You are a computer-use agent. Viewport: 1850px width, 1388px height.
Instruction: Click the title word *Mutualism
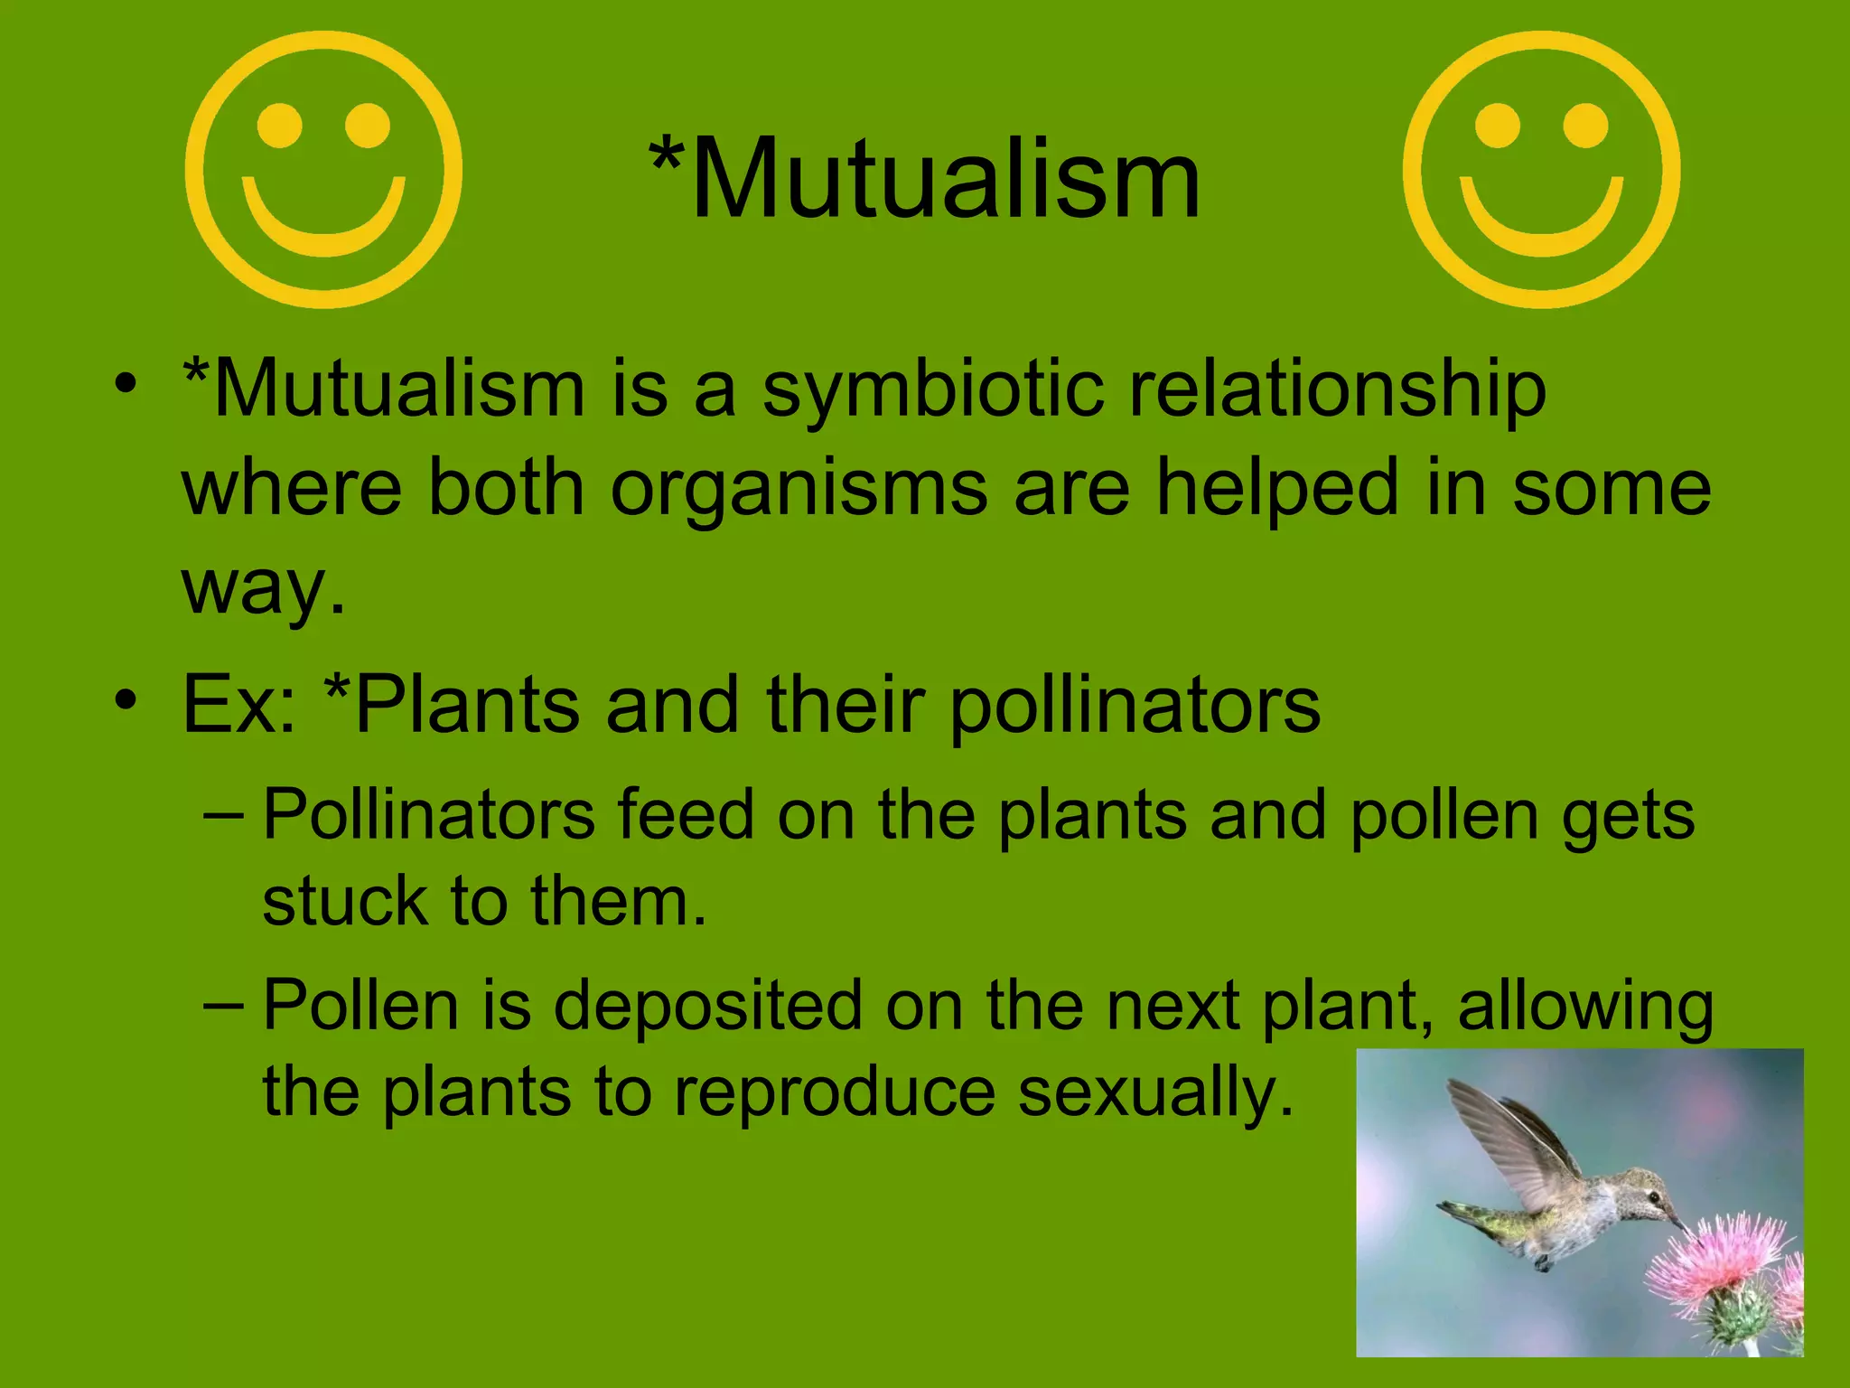[925, 178]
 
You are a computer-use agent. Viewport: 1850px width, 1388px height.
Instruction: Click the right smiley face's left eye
[1497, 126]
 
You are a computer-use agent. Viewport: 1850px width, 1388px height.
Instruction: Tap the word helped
[1277, 488]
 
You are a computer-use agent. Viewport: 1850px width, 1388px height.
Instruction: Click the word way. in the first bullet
[263, 587]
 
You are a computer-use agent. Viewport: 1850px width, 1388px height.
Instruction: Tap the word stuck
[344, 902]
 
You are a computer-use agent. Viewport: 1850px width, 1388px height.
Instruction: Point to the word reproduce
[835, 1093]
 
